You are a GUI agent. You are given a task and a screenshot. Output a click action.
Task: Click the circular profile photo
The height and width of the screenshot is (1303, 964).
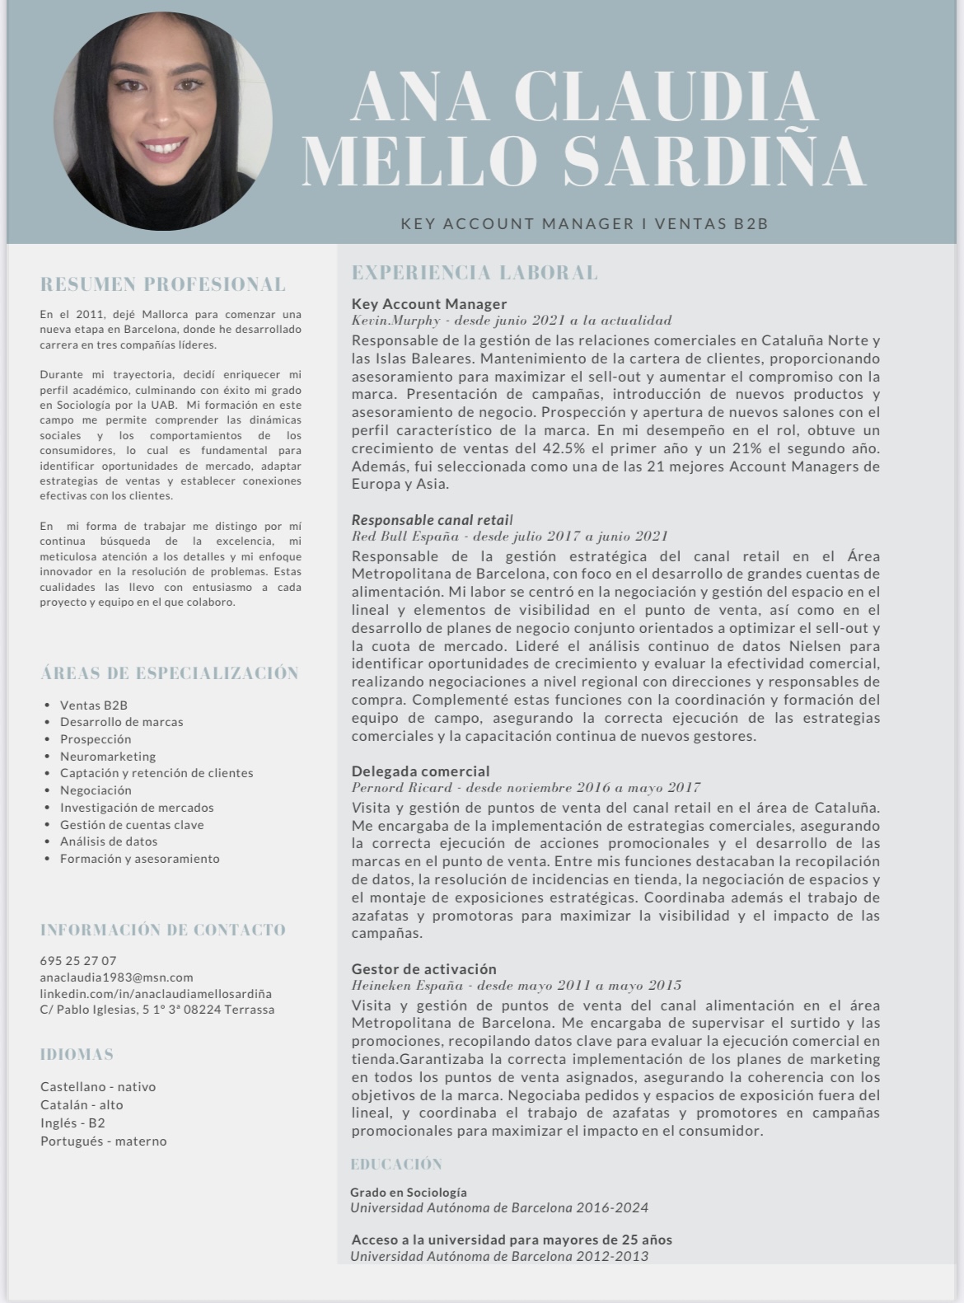click(x=162, y=121)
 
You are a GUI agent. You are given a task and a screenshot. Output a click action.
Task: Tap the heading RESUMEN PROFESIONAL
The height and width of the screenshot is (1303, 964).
click(x=163, y=284)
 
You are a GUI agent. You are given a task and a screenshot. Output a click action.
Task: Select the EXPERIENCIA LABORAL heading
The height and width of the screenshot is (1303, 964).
click(x=475, y=273)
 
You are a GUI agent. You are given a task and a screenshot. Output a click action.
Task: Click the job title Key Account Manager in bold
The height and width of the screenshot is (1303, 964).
click(x=428, y=303)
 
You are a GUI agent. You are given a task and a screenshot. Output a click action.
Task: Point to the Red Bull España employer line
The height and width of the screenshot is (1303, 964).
click(x=509, y=537)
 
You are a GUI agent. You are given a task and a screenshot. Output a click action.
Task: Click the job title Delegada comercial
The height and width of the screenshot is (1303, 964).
click(x=420, y=771)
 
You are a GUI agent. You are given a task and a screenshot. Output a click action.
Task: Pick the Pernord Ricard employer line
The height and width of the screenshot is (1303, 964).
click(x=526, y=788)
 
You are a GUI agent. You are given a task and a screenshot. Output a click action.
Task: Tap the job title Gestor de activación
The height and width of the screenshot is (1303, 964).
click(x=424, y=968)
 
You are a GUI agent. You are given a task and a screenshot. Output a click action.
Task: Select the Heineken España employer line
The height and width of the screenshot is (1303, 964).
click(x=516, y=985)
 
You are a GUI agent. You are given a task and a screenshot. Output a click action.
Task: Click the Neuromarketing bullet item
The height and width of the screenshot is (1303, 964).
click(x=107, y=756)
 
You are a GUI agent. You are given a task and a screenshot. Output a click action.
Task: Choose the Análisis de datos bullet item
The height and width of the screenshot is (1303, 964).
click(x=108, y=841)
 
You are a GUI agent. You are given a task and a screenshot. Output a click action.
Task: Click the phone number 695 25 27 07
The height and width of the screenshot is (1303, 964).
click(x=78, y=960)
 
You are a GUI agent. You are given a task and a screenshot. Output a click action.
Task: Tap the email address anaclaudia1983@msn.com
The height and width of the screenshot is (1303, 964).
click(x=116, y=977)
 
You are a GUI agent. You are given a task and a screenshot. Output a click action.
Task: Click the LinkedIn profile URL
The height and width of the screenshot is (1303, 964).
click(x=156, y=993)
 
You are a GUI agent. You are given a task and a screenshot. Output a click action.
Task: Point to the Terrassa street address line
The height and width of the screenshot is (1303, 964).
click(x=157, y=1010)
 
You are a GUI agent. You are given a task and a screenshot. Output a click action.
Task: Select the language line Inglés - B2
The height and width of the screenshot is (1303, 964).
click(x=73, y=1123)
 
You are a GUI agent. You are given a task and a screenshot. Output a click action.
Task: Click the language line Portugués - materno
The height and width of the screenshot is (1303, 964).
click(x=103, y=1141)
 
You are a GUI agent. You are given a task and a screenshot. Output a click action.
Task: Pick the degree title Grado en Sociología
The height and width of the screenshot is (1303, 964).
click(x=408, y=1192)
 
